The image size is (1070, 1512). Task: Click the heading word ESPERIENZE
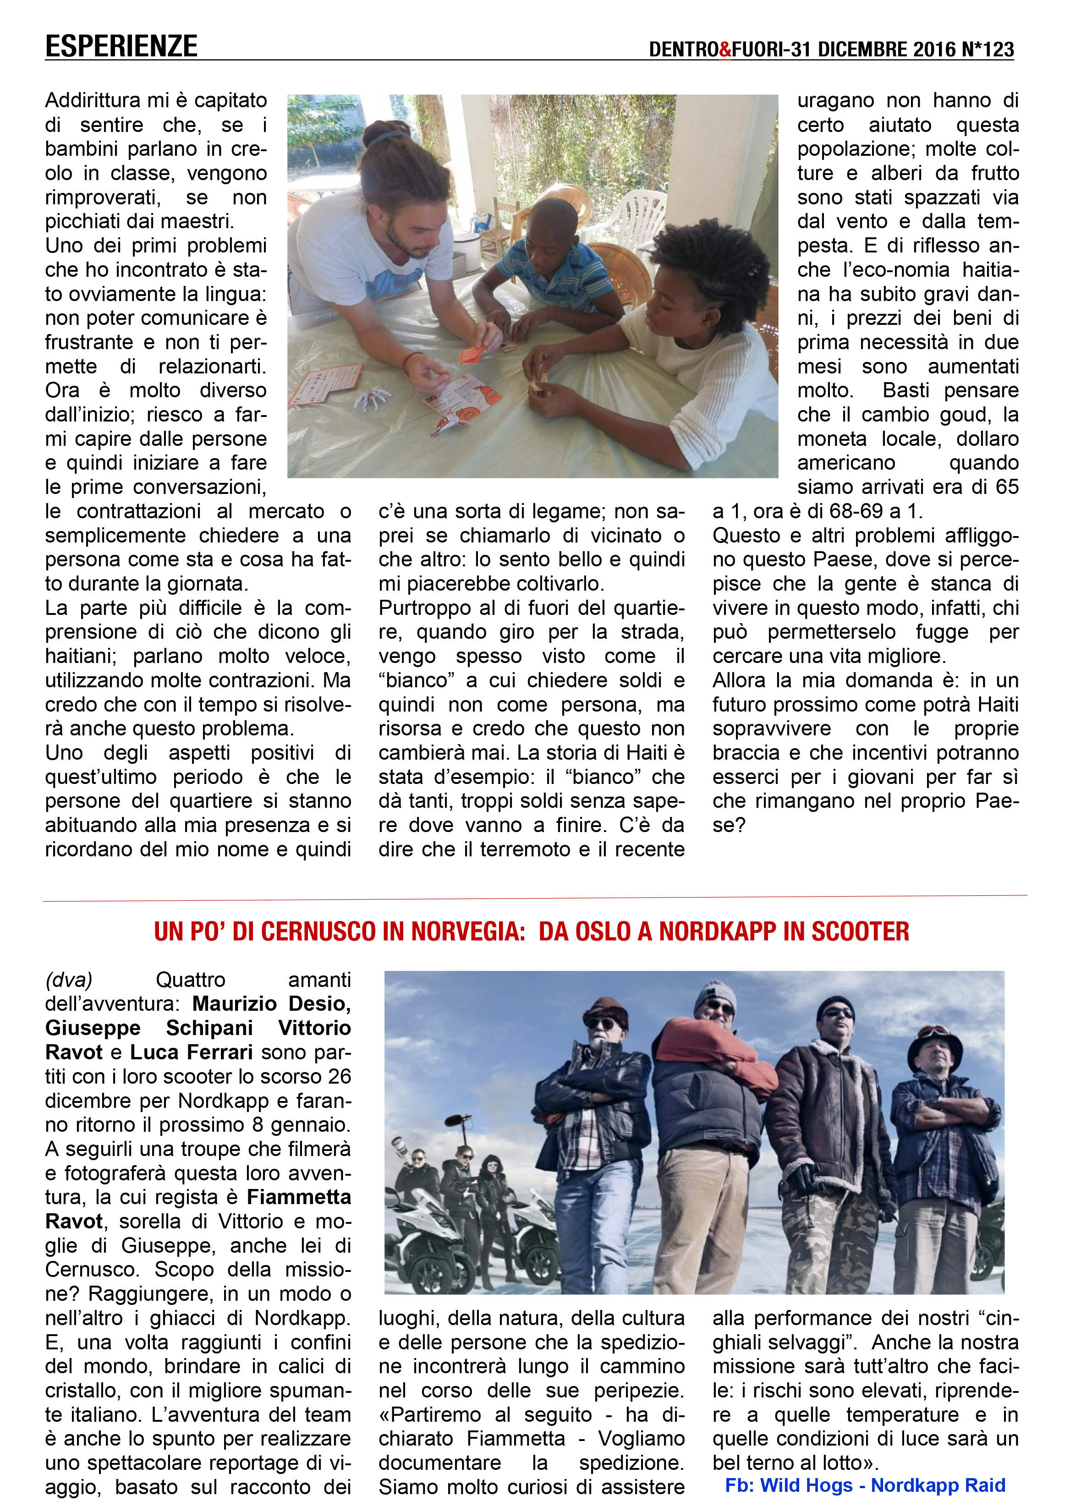pyautogui.click(x=121, y=47)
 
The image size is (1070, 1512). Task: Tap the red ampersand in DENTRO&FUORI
pyautogui.click(x=725, y=49)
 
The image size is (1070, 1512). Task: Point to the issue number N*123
pyautogui.click(x=987, y=49)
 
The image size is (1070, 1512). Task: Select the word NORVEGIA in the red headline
pyautogui.click(x=467, y=931)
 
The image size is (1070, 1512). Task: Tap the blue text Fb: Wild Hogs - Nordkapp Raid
pyautogui.click(x=865, y=1485)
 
